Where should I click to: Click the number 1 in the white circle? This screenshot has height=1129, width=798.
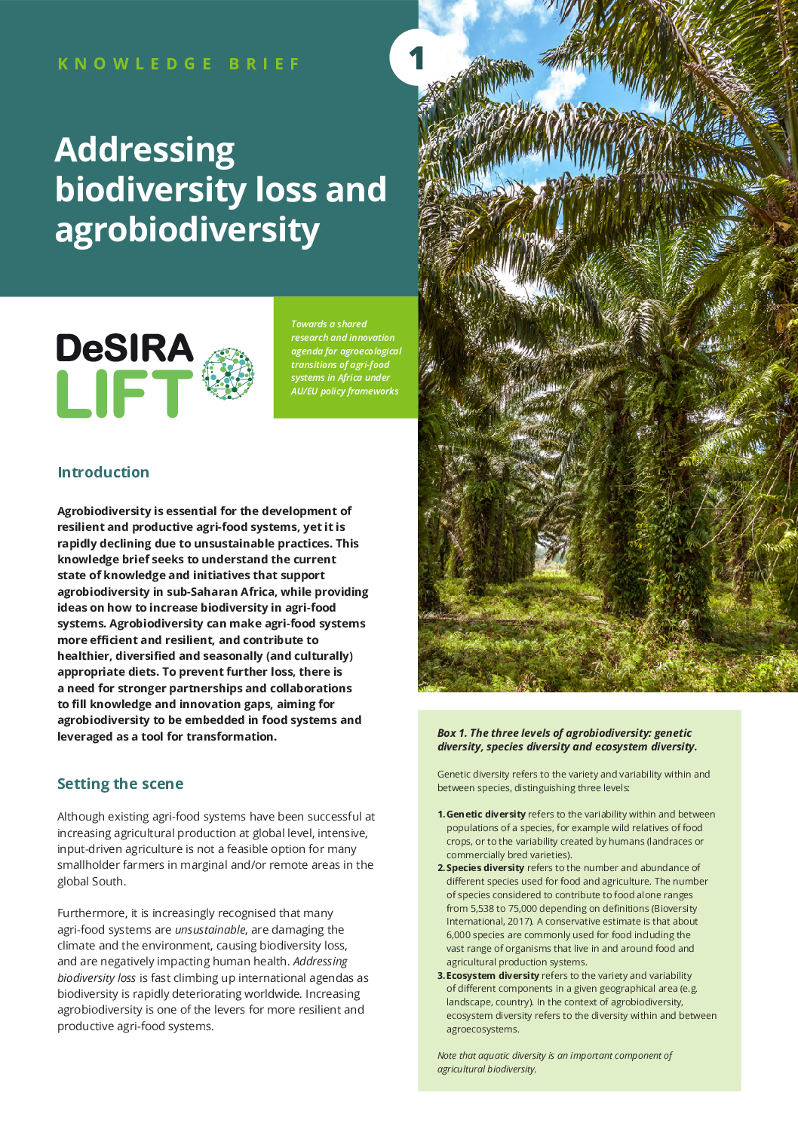point(416,58)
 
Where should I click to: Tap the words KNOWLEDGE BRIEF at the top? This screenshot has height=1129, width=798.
point(179,64)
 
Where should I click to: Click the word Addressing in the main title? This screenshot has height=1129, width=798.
point(145,149)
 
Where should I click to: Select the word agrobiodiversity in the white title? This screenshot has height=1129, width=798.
point(187,229)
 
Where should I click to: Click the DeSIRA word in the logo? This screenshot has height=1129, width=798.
point(125,348)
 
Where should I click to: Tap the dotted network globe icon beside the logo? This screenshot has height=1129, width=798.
point(229,373)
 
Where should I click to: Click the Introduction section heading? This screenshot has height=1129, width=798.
point(103,472)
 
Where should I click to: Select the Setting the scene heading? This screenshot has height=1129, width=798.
point(120,784)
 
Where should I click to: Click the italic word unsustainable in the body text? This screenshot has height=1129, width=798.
point(210,930)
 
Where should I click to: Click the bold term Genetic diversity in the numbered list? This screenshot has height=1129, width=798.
point(486,815)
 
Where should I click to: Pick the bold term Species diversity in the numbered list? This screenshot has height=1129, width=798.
point(485,868)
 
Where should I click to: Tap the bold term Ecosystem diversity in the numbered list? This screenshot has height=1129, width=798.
point(493,976)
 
